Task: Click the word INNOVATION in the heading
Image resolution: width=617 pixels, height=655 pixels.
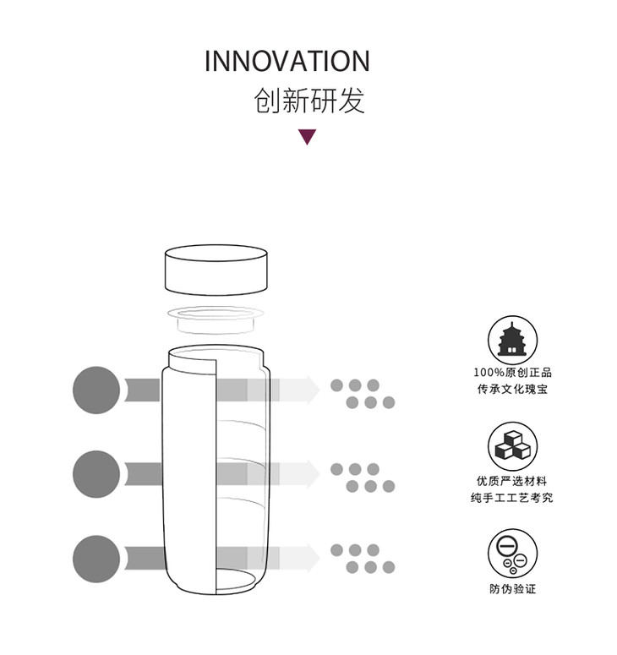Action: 287,61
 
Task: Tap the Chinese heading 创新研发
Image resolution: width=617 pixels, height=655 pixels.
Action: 309,101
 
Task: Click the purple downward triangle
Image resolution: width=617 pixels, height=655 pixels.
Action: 308,137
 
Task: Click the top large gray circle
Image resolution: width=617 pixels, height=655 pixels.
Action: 96,390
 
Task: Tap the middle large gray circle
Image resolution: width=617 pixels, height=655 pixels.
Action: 96,474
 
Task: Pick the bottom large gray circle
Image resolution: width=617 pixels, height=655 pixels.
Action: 96,558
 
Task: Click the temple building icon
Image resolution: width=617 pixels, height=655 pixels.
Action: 512,339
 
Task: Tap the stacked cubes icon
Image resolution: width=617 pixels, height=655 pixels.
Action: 512,445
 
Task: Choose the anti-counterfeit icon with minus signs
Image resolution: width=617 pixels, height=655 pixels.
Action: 512,553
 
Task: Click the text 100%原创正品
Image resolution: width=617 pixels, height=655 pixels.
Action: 512,373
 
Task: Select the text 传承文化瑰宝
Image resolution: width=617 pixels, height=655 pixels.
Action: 512,390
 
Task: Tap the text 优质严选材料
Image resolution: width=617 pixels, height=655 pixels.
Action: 512,481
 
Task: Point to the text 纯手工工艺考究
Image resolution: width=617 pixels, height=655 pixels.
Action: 512,498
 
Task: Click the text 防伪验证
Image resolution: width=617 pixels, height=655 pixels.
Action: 512,589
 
